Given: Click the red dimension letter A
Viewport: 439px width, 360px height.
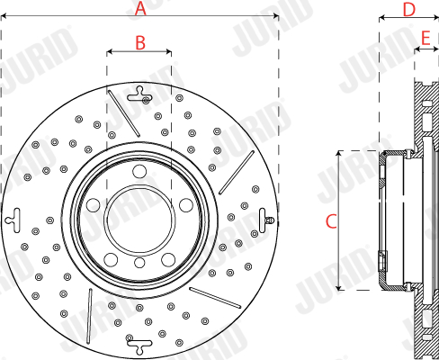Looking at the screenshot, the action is coord(140,8).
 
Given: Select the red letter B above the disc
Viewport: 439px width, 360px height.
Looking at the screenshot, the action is coord(140,43).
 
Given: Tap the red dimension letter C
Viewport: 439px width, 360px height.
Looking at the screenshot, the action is coord(331,221).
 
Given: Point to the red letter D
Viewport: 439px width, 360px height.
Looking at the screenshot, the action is coord(409,10).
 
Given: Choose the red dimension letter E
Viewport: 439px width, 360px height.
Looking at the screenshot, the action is coord(426,38).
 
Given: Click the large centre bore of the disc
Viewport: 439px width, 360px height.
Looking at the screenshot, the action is coord(139,220).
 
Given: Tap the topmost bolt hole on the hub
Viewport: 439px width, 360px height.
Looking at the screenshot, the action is coord(139,172).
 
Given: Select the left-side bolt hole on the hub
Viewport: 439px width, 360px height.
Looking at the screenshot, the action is coord(94,205).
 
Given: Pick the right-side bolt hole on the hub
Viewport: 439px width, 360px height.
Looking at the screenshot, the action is coord(186,205).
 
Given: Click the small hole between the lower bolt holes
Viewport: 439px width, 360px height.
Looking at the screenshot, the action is coord(139,263).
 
